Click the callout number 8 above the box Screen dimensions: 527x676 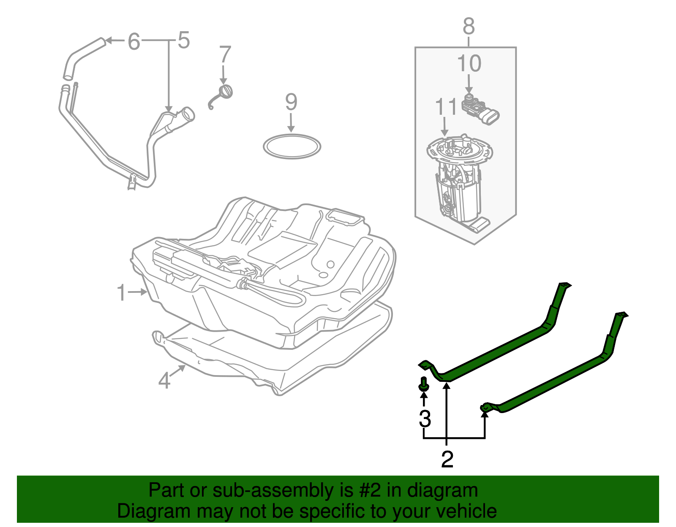pyautogui.click(x=469, y=26)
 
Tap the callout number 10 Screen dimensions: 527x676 pyautogui.click(x=469, y=64)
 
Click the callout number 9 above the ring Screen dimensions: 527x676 pyautogui.click(x=291, y=103)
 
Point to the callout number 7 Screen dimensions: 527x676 pyautogui.click(x=225, y=55)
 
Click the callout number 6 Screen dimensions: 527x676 pyautogui.click(x=134, y=42)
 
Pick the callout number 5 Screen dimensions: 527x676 pyautogui.click(x=183, y=41)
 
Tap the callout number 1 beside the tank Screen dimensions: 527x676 pyautogui.click(x=122, y=293)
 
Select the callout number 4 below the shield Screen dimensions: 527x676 pyautogui.click(x=164, y=380)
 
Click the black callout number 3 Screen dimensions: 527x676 pyautogui.click(x=425, y=419)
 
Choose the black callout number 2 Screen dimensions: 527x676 pyautogui.click(x=447, y=459)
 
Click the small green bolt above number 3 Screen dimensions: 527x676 pyautogui.click(x=424, y=385)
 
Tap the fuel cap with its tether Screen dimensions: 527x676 pyautogui.click(x=223, y=94)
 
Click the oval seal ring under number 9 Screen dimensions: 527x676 pyautogui.click(x=292, y=146)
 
